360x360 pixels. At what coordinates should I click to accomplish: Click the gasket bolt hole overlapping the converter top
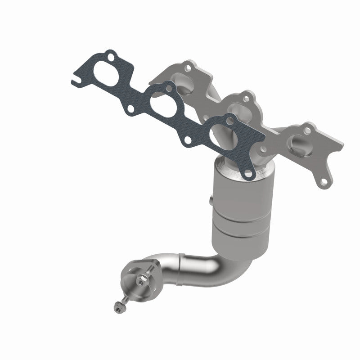click(246, 171)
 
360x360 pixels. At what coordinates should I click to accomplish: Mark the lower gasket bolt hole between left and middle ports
click(130, 108)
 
